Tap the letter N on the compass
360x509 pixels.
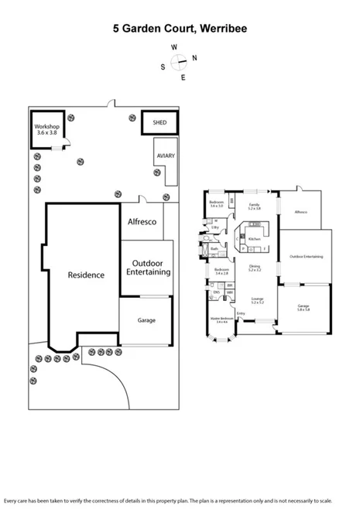[x=194, y=58]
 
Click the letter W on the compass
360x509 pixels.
[x=175, y=47]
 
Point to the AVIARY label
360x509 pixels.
[x=165, y=155]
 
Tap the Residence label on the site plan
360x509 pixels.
[x=85, y=275]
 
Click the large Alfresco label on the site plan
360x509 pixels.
[x=142, y=222]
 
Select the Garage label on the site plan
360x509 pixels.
[x=146, y=320]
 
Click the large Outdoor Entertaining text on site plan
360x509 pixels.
[x=146, y=267]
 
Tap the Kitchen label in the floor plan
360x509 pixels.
[x=253, y=239]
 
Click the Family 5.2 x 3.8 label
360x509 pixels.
[x=254, y=207]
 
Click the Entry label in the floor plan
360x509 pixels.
[x=241, y=313]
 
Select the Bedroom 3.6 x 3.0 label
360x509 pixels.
[x=217, y=203]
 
